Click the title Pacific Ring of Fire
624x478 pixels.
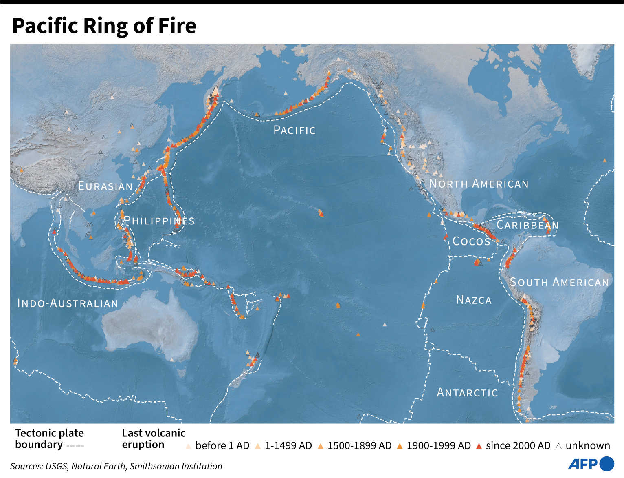tap(104, 26)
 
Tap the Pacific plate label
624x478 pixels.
tap(294, 130)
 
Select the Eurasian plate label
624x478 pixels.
tap(105, 186)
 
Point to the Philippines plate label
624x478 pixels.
tap(159, 221)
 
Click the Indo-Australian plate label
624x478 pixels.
tap(68, 303)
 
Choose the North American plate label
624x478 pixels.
tap(479, 184)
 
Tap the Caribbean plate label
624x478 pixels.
tap(527, 225)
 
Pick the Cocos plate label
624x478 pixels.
tap(471, 241)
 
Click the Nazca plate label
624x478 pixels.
tap(474, 300)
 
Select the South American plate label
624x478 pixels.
tap(559, 282)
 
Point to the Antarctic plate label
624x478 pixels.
tap(467, 393)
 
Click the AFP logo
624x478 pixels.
tap(591, 464)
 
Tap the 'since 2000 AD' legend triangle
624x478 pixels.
tap(479, 446)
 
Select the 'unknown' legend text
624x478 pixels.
tap(587, 446)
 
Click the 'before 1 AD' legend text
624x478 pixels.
tap(222, 446)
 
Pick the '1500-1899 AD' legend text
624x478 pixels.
tap(359, 446)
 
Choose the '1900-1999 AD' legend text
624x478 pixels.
tap(439, 446)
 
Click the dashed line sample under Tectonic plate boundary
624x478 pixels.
tap(75, 446)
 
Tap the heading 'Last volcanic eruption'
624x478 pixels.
tap(154, 439)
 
